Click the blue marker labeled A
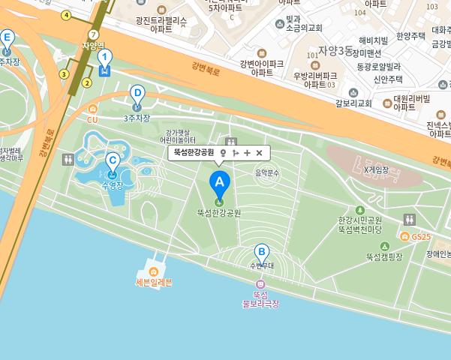219,181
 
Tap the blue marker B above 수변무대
261,252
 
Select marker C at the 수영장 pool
113,160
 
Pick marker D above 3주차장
137,93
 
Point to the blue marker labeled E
7,37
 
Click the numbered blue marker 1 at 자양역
105,57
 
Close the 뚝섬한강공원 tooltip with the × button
259,153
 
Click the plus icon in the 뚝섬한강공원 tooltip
247,153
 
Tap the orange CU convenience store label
92,119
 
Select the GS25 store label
421,237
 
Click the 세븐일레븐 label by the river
154,282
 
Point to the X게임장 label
376,169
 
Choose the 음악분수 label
266,172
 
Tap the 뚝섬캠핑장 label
384,256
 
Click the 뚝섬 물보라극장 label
260,298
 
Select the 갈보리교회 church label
354,103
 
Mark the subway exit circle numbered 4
66,15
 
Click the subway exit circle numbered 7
93,35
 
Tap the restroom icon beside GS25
409,220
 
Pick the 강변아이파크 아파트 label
262,68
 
